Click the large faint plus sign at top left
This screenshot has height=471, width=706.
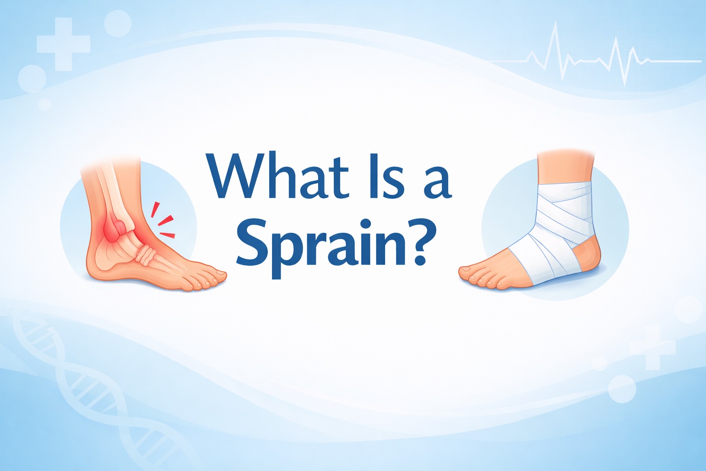(x=63, y=44)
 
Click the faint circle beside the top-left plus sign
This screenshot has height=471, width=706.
(x=118, y=23)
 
